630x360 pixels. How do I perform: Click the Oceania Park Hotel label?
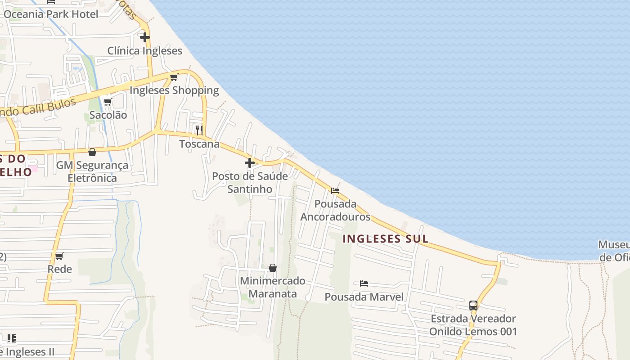click(51, 14)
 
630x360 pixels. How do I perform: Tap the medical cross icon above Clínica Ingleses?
click(144, 37)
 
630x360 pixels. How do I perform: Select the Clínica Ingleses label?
click(144, 51)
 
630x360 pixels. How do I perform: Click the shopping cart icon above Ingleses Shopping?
click(174, 77)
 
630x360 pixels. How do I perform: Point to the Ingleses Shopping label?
click(174, 90)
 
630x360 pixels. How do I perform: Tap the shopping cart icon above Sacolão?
click(108, 102)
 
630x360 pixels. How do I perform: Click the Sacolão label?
click(108, 115)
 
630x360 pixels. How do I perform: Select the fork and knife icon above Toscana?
click(199, 130)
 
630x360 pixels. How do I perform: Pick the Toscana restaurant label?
click(199, 144)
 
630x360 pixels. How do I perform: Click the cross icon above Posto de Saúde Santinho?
click(250, 163)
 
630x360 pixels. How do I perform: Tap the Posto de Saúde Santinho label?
click(250, 182)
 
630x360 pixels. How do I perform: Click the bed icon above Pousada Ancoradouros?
click(335, 191)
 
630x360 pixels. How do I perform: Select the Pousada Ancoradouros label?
click(335, 210)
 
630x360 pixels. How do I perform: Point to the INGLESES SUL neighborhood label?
click(385, 239)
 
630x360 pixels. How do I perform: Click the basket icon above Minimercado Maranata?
click(272, 268)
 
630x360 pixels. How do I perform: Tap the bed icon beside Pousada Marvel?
click(364, 283)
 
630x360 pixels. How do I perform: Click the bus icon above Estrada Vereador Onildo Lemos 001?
click(473, 306)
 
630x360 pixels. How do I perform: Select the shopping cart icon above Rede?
click(59, 256)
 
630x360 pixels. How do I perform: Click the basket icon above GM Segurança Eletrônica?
click(92, 153)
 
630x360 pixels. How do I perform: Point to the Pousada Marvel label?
click(364, 297)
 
